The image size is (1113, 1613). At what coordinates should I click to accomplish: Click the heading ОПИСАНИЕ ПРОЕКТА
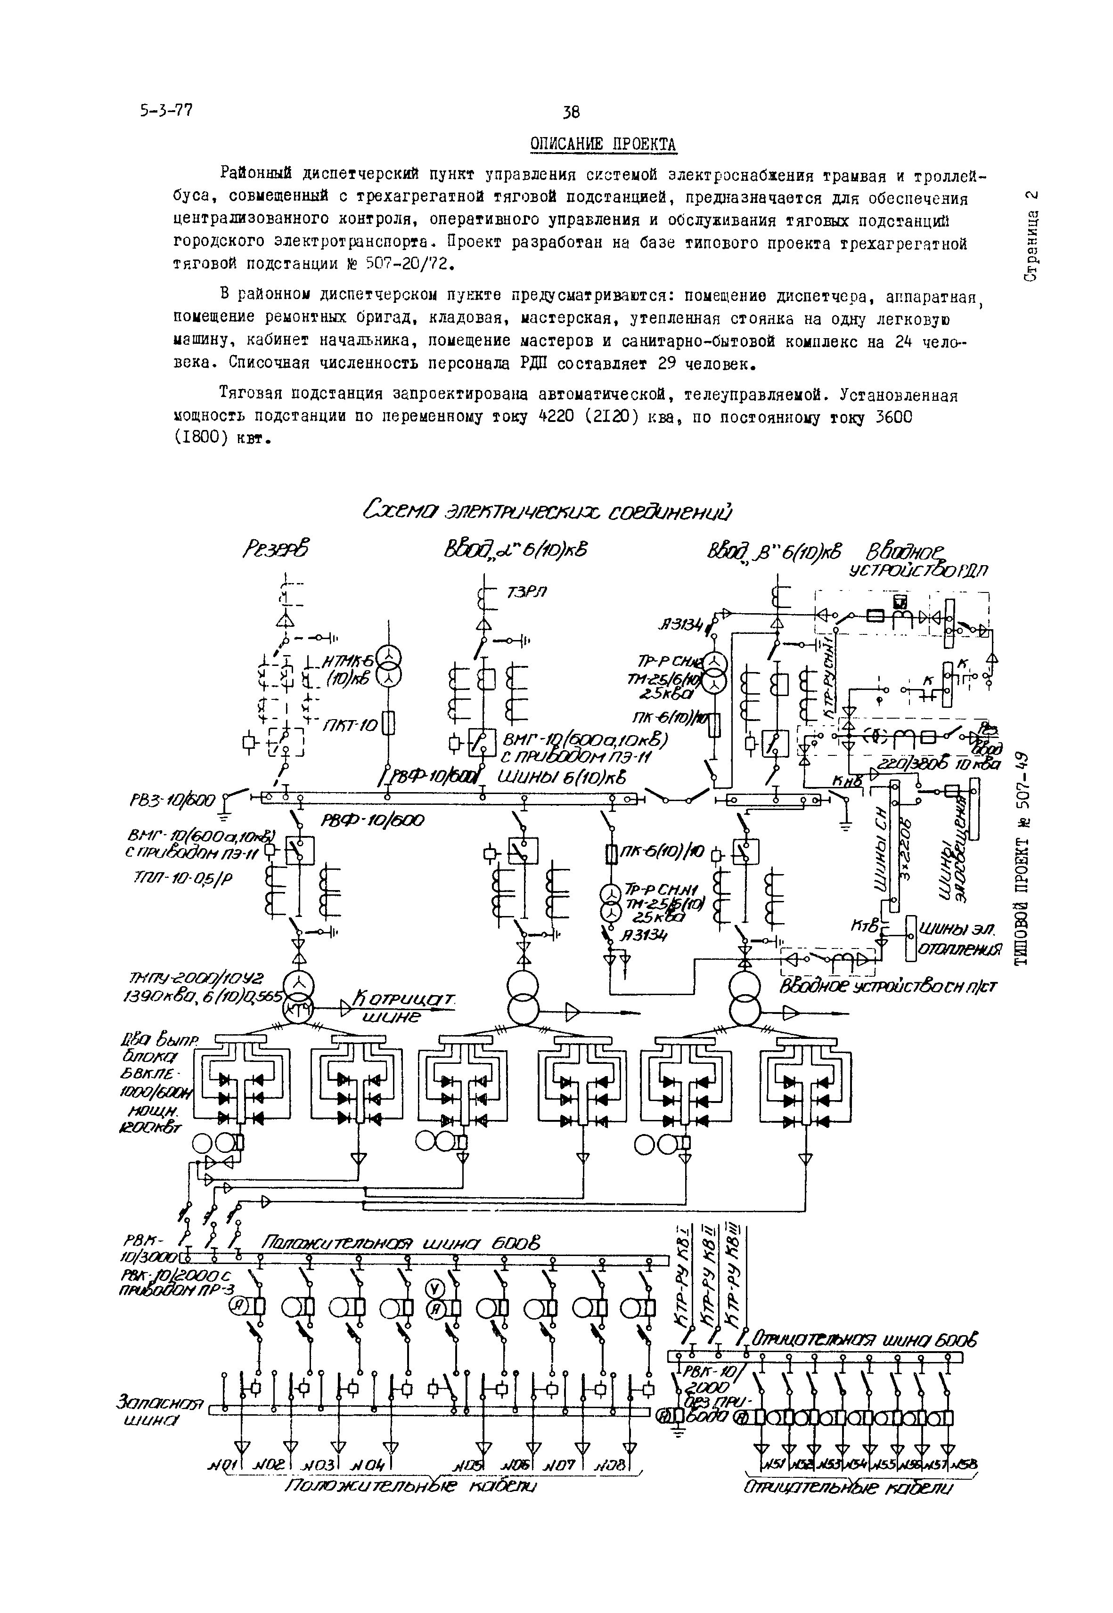point(603,144)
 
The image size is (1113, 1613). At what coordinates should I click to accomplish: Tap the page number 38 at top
point(571,112)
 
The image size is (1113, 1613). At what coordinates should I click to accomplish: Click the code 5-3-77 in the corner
point(165,110)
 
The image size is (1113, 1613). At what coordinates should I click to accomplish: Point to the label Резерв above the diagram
point(277,551)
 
